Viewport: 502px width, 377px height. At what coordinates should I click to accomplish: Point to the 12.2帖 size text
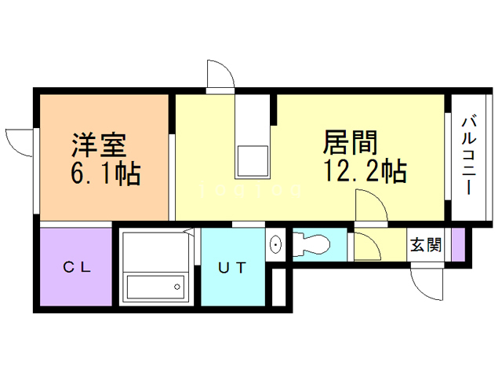point(365,170)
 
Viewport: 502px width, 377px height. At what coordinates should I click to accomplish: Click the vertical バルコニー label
point(468,155)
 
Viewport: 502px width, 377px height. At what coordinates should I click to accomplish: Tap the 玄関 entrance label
point(426,244)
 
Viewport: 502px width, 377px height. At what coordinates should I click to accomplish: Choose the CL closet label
point(77,267)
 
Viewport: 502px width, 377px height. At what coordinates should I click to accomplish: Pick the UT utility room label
point(233,268)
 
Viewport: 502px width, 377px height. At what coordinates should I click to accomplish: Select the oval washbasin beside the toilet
point(276,245)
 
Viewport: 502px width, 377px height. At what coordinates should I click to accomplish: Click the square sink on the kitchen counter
point(253,160)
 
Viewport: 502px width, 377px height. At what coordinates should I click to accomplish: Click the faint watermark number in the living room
point(250,190)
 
